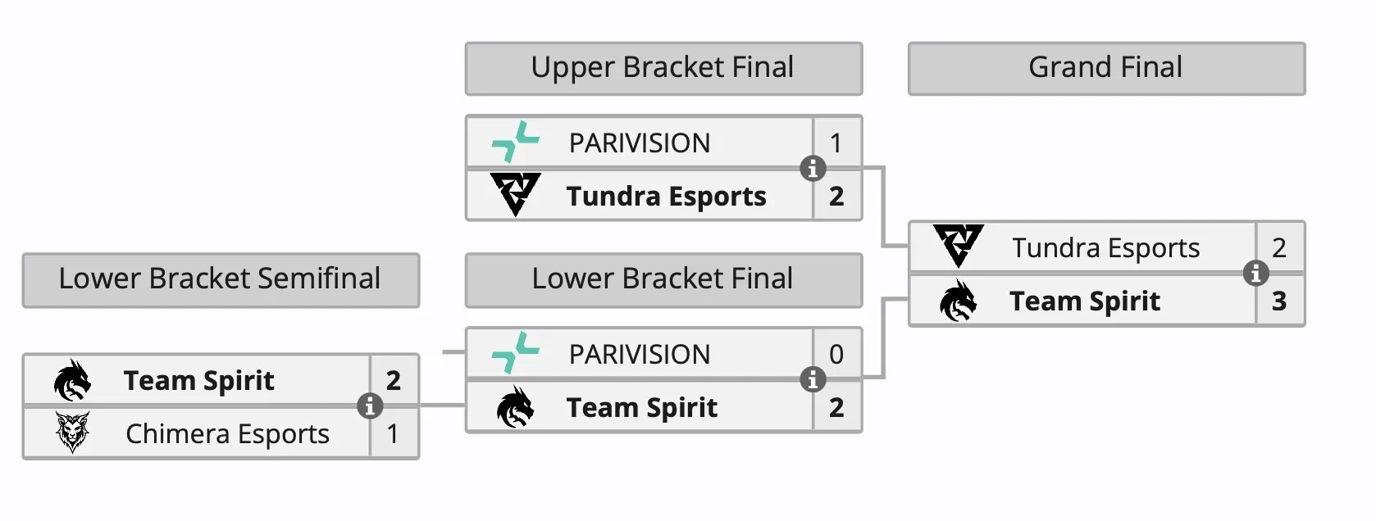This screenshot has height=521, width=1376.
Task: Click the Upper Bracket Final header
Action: point(663,68)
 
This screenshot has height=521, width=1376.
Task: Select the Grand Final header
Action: point(1105,68)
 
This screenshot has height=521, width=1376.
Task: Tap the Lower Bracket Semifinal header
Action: point(220,279)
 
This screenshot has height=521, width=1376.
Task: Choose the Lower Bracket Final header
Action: point(663,279)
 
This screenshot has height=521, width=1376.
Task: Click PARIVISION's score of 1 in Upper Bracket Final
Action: point(836,143)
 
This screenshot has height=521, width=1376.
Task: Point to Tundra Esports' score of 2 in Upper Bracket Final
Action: point(836,197)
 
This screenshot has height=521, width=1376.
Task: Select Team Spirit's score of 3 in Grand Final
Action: point(1279,301)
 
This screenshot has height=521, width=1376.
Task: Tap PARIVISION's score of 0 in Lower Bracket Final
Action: point(836,354)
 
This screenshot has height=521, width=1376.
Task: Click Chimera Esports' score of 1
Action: point(394,433)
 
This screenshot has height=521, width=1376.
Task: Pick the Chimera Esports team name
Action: point(227,433)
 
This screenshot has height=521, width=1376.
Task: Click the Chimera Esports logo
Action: point(72,433)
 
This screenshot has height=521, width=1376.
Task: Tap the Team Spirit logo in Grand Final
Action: point(958,301)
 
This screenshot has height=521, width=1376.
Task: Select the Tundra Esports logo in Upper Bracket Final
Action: point(515,194)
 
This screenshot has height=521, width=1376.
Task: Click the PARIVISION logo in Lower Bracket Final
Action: point(515,352)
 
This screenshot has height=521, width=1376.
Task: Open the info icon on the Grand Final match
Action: point(1255,273)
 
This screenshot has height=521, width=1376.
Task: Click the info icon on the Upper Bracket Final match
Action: point(813,169)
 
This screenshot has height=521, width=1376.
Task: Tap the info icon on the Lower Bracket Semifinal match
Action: point(370,405)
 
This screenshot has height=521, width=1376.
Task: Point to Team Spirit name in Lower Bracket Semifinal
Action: point(198,381)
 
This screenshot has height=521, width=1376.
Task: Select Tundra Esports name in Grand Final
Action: point(1105,247)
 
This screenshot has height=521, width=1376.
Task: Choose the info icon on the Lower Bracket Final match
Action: point(813,379)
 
